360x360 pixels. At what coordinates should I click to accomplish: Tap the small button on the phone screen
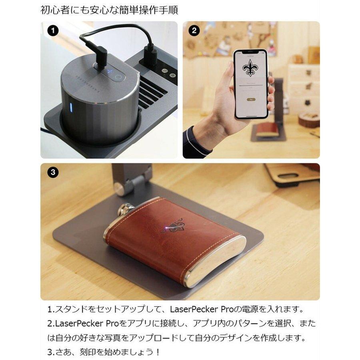pyautogui.click(x=251, y=99)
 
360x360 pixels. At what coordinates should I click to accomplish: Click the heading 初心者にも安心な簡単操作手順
pyautogui.click(x=109, y=10)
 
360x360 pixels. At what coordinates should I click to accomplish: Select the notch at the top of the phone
pyautogui.click(x=251, y=52)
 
